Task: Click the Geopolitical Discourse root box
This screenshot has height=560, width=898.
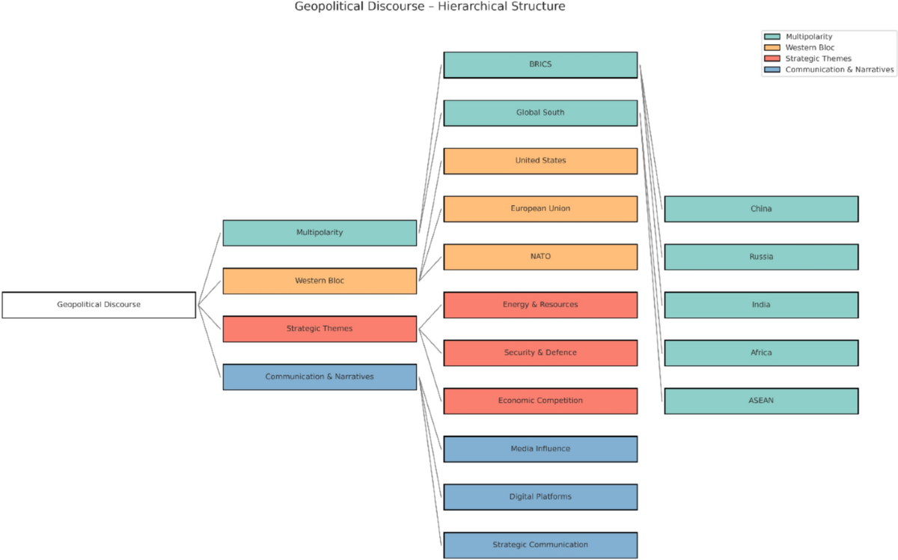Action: [99, 305]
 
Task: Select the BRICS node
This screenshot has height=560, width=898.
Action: [540, 64]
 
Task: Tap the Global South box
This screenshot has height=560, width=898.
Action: [540, 112]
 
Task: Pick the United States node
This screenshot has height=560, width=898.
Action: [540, 161]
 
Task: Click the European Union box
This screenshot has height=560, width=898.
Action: [540, 209]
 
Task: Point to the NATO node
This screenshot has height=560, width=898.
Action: [540, 257]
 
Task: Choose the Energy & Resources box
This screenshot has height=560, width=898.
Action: [540, 305]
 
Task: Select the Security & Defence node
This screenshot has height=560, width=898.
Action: [540, 353]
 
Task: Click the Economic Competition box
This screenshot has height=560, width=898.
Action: [540, 401]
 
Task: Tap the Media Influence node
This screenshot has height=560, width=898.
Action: [540, 449]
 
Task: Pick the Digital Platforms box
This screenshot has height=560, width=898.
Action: [540, 497]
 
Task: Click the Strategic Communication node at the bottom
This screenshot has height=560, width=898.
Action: [540, 545]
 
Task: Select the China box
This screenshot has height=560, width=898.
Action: [761, 209]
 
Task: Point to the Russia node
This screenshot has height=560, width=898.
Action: [761, 257]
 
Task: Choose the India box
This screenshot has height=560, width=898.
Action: [761, 305]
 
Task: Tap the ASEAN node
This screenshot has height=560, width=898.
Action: [761, 401]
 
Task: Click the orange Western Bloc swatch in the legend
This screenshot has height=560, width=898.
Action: [772, 48]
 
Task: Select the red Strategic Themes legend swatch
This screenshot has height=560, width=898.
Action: [772, 58]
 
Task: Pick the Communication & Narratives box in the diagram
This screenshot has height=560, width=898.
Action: [320, 377]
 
